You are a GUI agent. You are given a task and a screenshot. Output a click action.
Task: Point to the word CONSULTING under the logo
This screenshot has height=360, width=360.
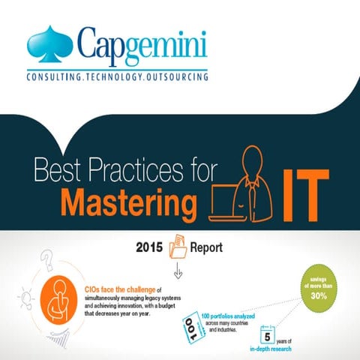point(55,77)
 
